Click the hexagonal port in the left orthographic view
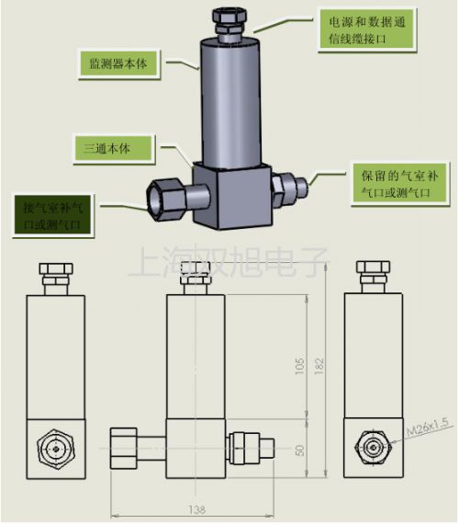tap(57, 447)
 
